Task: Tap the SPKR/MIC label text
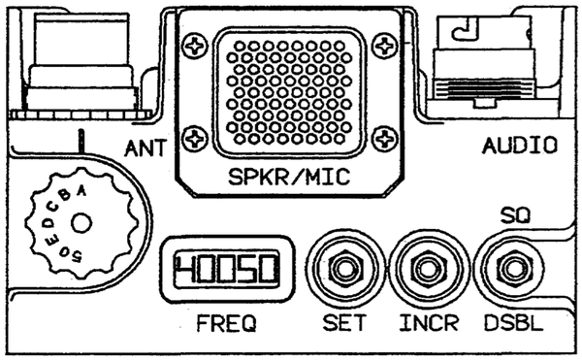point(289,178)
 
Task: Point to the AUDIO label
point(519,147)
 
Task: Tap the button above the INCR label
point(421,269)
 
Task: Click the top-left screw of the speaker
point(199,43)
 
